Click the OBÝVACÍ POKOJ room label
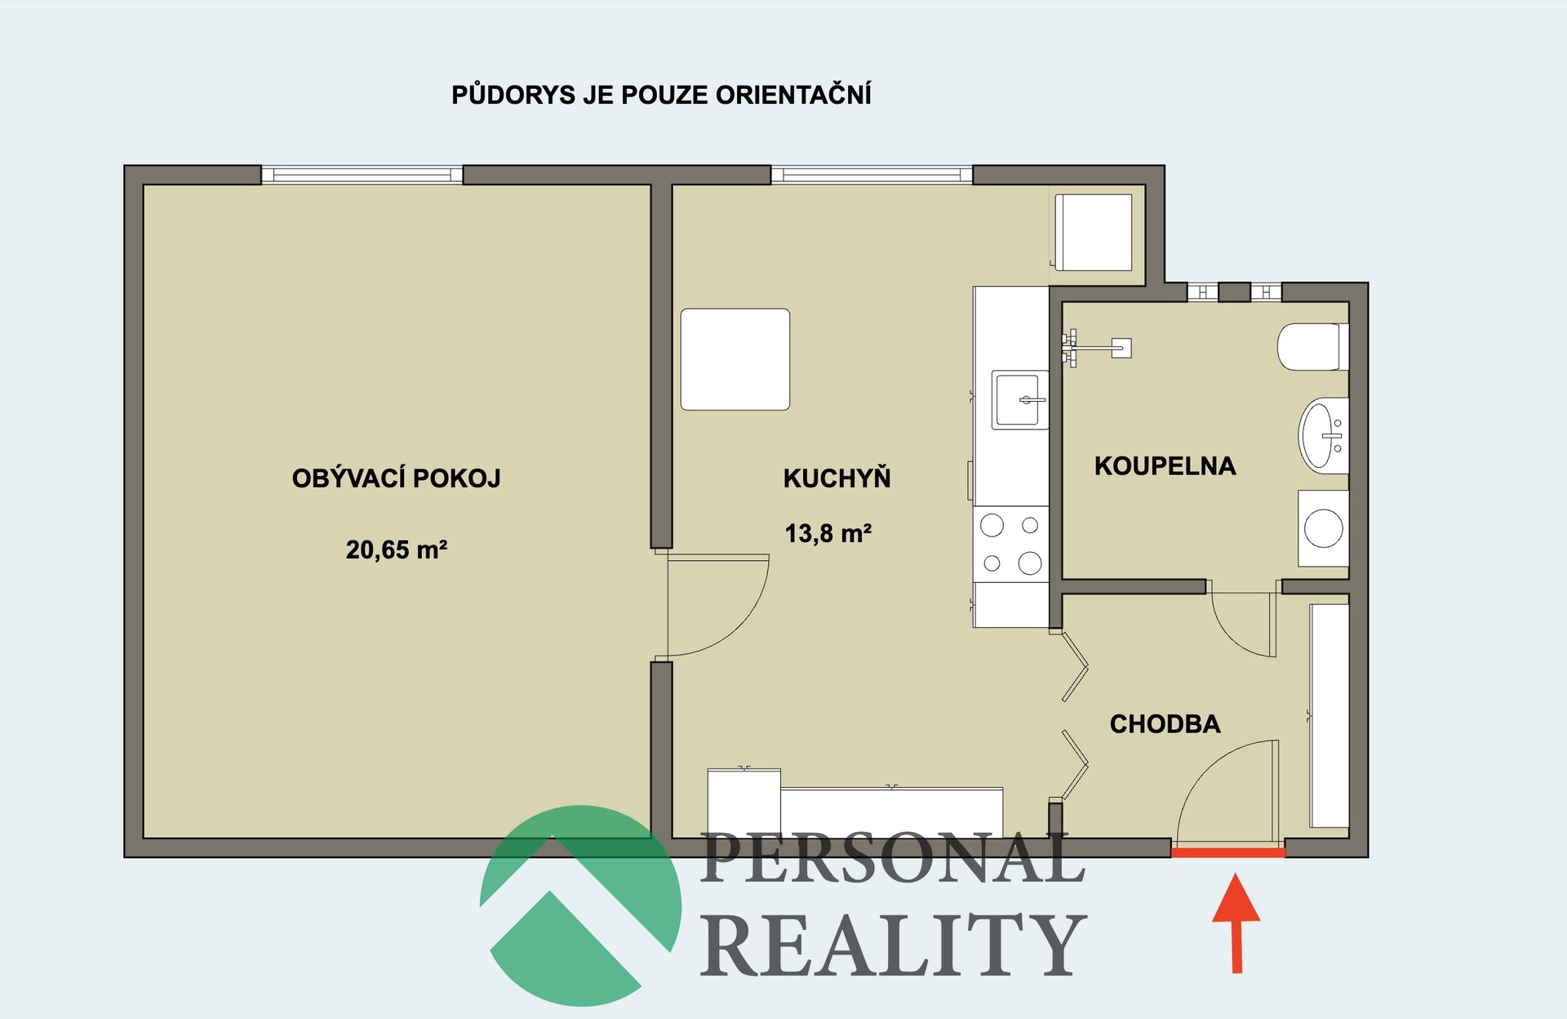coord(396,478)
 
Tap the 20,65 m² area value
coord(396,550)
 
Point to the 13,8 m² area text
coord(828,533)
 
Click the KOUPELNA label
coord(1165,465)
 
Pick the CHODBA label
coord(1165,723)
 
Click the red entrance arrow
coord(1236,923)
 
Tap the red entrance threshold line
coord(1228,852)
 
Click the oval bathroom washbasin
coord(1323,436)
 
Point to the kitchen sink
coord(1019,400)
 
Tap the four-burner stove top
coord(1011,545)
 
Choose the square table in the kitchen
coord(735,359)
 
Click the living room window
coord(362,175)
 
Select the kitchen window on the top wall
coord(872,175)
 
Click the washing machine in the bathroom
coord(1323,528)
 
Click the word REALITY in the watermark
coord(893,945)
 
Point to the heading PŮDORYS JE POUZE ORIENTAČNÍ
coord(661,95)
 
